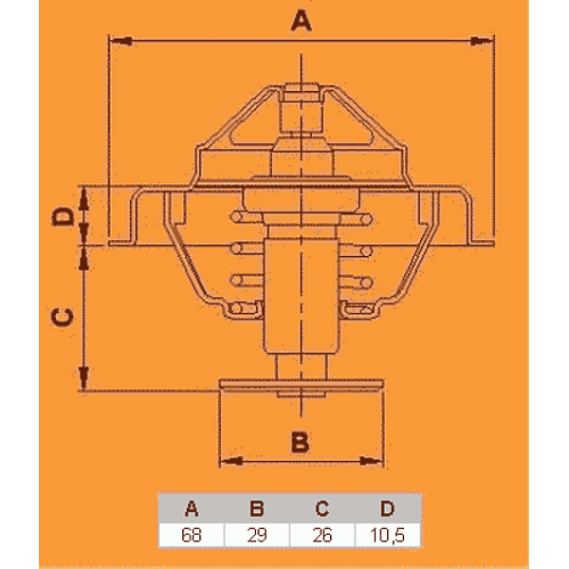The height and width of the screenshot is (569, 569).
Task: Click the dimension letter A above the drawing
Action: [301, 20]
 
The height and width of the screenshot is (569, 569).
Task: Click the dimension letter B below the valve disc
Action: [300, 442]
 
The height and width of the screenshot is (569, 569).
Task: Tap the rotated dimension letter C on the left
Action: [63, 317]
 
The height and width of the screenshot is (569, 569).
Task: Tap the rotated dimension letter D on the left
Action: [63, 216]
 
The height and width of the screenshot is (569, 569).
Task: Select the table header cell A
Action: [192, 508]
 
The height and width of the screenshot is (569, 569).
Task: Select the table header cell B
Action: [257, 508]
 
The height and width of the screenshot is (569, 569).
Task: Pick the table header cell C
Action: [322, 508]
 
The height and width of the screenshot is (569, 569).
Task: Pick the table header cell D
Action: [388, 508]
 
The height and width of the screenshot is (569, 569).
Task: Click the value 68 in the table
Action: [192, 535]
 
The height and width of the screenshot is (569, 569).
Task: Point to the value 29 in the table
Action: [257, 535]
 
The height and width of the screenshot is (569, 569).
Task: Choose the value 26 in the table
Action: [322, 535]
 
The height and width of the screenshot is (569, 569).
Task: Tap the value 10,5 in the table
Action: [388, 535]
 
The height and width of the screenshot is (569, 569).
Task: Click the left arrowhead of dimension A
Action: [121, 41]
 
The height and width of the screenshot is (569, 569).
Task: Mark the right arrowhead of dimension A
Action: [482, 41]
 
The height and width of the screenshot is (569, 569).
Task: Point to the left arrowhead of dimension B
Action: [231, 461]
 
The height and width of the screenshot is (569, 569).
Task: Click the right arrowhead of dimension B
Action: [371, 461]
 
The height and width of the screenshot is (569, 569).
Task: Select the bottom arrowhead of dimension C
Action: [83, 378]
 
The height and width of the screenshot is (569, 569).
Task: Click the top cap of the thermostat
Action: [302, 92]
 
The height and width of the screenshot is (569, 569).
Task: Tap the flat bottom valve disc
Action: [302, 385]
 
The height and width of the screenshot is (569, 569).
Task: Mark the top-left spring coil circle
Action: [236, 217]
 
